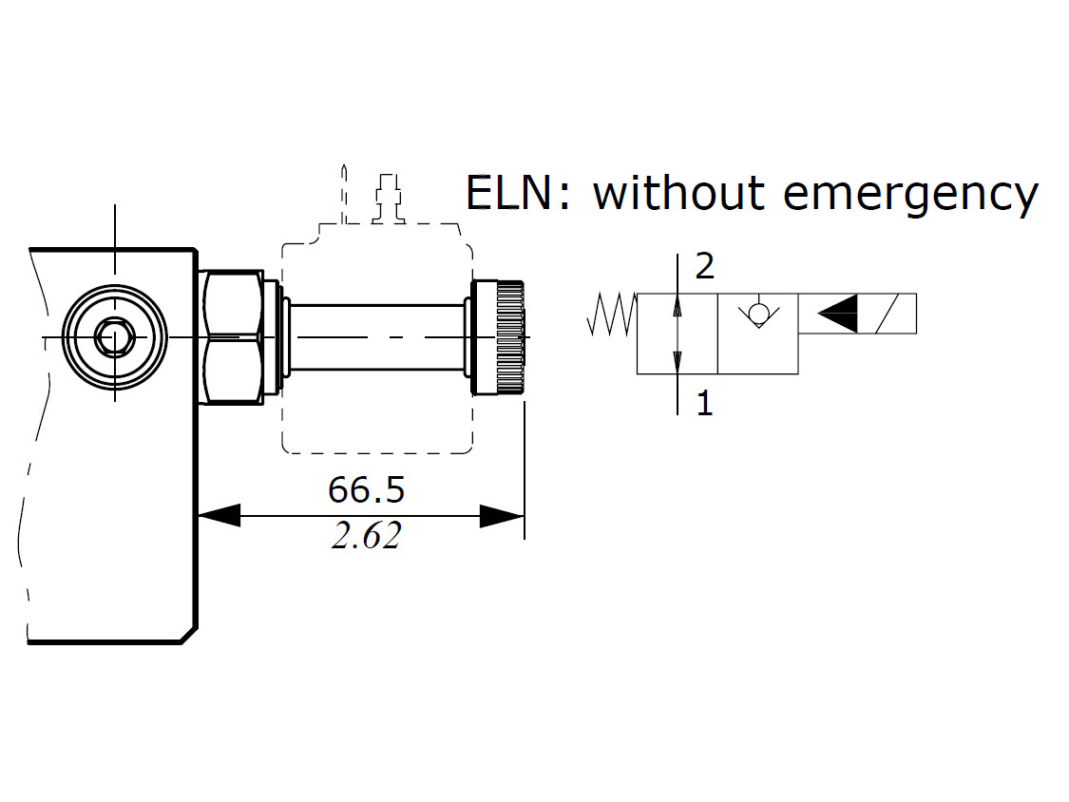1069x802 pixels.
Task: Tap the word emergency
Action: pos(910,196)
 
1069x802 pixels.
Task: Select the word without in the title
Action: pos(678,194)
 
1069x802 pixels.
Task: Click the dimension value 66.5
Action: pos(366,490)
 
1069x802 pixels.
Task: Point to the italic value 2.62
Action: pos(366,537)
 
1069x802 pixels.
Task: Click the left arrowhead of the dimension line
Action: pos(219,516)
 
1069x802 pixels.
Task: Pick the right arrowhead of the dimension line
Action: pos(503,516)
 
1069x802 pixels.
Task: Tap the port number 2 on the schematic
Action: pos(704,267)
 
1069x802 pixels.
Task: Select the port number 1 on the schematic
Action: pos(704,405)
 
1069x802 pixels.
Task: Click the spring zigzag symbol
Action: pos(612,315)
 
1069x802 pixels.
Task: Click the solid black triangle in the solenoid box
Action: pos(837,314)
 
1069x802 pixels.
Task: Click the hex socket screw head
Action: pos(114,336)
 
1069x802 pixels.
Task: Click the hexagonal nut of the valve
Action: pos(232,336)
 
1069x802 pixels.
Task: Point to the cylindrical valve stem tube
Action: pos(376,336)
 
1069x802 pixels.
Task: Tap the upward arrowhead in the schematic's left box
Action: pos(677,307)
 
